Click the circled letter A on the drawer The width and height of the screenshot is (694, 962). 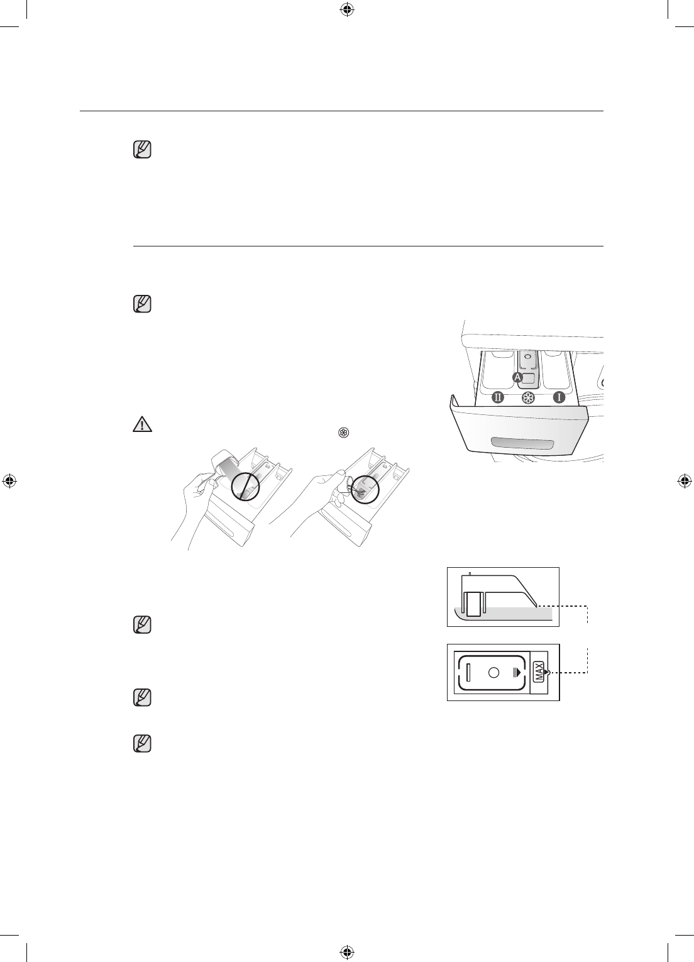point(518,377)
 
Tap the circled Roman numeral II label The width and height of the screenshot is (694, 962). point(498,397)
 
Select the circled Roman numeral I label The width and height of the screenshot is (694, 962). point(559,397)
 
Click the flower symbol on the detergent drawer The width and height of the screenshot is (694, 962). point(528,397)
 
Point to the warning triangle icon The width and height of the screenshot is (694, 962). point(143,425)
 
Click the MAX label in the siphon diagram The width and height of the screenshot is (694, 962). point(538,673)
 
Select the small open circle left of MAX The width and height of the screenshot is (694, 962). point(494,673)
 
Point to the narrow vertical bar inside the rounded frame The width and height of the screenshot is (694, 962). point(468,673)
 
